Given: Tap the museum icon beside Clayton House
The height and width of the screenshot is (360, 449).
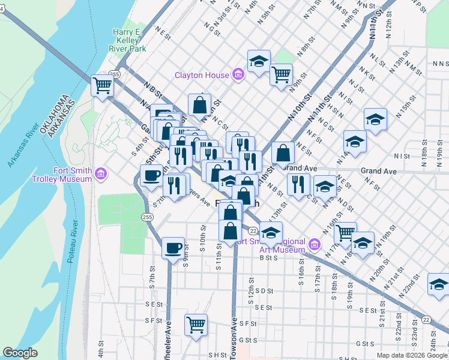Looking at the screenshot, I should pyautogui.click(x=238, y=75).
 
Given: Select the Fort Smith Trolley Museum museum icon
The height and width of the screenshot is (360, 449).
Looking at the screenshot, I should pyautogui.click(x=101, y=175).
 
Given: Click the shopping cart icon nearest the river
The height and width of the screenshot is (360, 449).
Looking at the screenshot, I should pyautogui.click(x=102, y=85).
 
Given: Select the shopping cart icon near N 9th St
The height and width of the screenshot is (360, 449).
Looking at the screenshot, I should pyautogui.click(x=281, y=74).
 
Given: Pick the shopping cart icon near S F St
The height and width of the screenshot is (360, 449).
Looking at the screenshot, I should pyautogui.click(x=196, y=325).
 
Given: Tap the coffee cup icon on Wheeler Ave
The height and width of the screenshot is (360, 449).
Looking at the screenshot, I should pyautogui.click(x=173, y=247).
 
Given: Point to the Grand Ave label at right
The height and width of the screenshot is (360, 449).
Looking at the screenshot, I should pyautogui.click(x=378, y=171).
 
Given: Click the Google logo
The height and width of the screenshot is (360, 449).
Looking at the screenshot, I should pyautogui.click(x=20, y=353).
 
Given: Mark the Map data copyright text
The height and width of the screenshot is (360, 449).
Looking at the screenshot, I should pyautogui.click(x=412, y=355).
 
